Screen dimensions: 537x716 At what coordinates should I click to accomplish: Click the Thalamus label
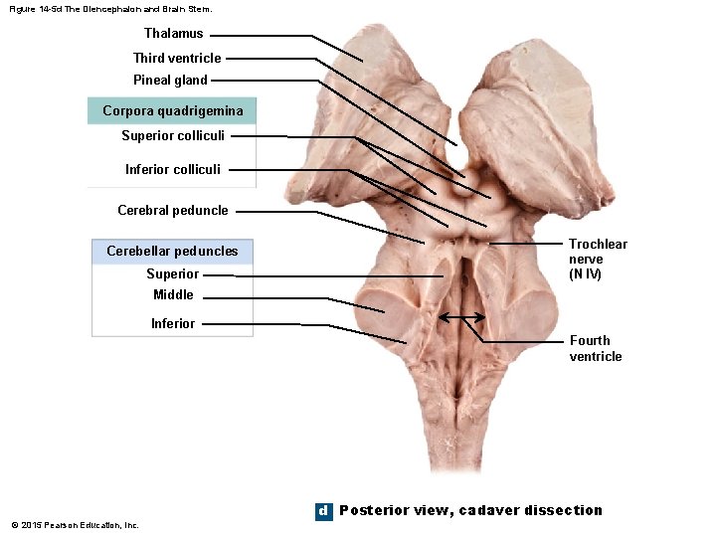(173, 34)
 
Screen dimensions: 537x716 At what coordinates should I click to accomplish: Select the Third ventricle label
(177, 58)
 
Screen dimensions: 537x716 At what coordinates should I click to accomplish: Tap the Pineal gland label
(170, 80)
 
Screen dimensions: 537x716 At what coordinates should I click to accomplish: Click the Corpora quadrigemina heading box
(172, 110)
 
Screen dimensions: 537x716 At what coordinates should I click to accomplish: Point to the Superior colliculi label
(173, 135)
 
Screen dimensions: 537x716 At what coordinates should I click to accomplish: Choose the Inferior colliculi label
(173, 169)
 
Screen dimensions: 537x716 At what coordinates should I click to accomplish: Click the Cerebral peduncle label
(172, 210)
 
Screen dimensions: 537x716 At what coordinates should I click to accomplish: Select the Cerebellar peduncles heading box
(172, 251)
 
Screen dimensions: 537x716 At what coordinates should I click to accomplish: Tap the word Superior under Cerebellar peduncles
(172, 273)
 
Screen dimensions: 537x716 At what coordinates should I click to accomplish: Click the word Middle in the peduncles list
(173, 294)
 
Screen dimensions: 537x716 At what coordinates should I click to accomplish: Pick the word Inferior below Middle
(173, 323)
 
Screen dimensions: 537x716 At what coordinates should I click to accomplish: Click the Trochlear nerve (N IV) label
(598, 259)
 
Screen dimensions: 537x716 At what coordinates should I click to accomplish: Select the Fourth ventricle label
(596, 348)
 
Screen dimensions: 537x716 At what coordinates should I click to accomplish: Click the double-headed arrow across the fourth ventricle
(461, 318)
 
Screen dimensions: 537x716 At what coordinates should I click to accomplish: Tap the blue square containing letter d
(322, 510)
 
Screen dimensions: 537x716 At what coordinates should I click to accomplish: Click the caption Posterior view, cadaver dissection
(470, 510)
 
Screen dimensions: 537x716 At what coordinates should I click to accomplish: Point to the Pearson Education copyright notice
(75, 525)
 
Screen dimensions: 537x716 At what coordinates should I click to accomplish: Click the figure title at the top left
(109, 9)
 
